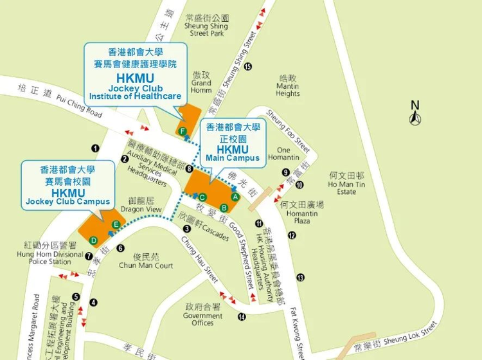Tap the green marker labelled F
pyautogui.click(x=183, y=132)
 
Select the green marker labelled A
pyautogui.click(x=235, y=196)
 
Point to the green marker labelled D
pyautogui.click(x=94, y=240)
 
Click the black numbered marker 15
pyautogui.click(x=247, y=66)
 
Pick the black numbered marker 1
pyautogui.click(x=95, y=148)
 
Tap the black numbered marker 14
pyautogui.click(x=242, y=316)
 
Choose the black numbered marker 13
pyautogui.click(x=300, y=277)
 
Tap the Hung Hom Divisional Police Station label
pyautogui.click(x=50, y=253)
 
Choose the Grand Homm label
pyautogui.click(x=201, y=83)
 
